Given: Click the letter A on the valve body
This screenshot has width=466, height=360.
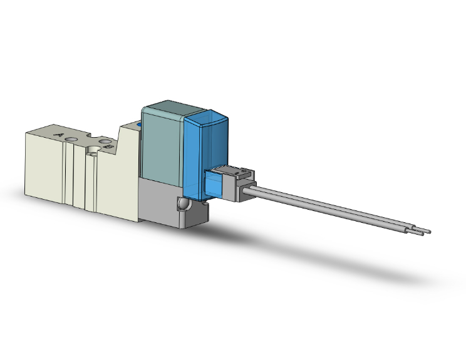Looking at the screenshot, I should pos(60,134).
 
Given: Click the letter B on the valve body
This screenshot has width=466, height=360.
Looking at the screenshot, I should pos(108,146).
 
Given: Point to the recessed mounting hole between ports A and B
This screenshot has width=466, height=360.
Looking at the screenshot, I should pos(93,150).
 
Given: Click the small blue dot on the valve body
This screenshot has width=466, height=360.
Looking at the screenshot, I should pos(140,127).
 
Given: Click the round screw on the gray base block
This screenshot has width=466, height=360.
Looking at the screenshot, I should pos(182,205).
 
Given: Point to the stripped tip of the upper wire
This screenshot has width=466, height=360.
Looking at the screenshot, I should pos(428,231).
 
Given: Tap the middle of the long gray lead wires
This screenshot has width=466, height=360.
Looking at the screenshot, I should pos(338,210).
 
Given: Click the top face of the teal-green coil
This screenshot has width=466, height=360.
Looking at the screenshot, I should pos(165,108).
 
